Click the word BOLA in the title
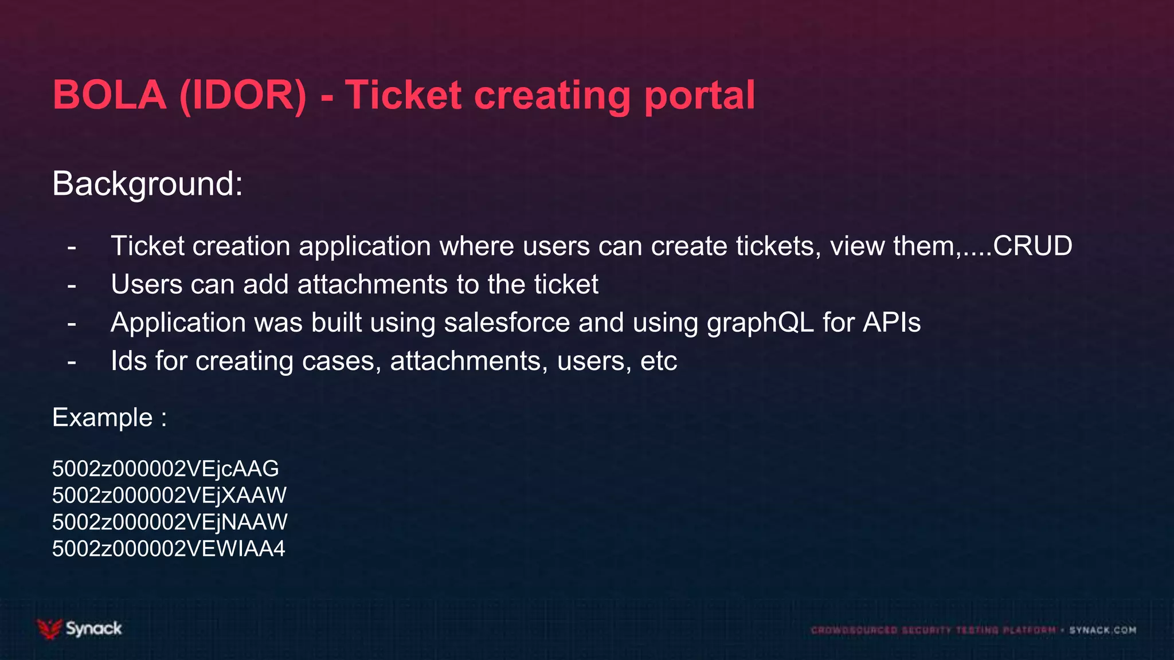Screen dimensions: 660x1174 coord(109,95)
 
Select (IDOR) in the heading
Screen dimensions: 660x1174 coord(242,95)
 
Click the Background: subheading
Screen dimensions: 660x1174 coord(147,184)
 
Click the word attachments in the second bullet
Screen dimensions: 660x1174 coord(372,285)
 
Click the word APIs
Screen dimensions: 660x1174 coord(892,323)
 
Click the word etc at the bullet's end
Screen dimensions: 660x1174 coord(659,362)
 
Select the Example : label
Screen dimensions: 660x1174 coord(109,417)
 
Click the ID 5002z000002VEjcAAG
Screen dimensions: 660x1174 coord(165,469)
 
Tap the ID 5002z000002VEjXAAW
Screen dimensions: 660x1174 coord(169,496)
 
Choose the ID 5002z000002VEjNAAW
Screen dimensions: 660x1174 coord(170,522)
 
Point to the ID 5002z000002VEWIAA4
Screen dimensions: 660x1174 coord(169,549)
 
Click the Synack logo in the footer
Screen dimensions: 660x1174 coord(80,628)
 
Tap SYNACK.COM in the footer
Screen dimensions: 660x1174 coord(1102,630)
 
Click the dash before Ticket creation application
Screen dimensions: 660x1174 coord(72,247)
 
